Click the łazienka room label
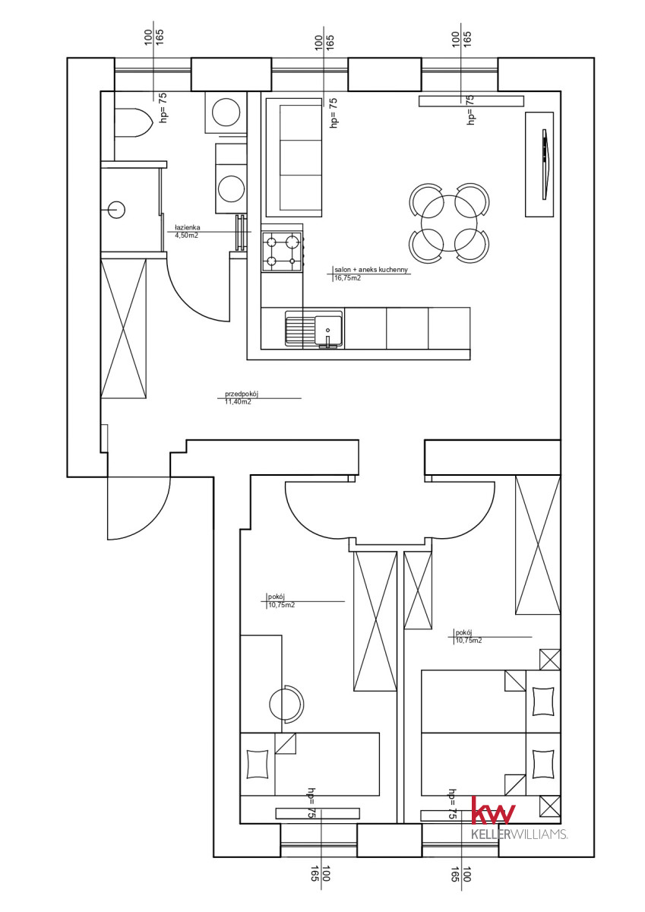(187, 227)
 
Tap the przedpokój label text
(242, 394)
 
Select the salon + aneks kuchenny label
(371, 270)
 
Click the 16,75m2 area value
(347, 278)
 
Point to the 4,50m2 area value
(186, 235)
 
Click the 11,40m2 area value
(238, 402)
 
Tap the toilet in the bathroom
(133, 122)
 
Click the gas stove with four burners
(282, 252)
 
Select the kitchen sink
(314, 329)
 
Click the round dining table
(449, 223)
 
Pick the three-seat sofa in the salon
(294, 157)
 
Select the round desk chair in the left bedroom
(286, 704)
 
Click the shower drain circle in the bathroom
(116, 210)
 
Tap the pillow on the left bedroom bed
(258, 765)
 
